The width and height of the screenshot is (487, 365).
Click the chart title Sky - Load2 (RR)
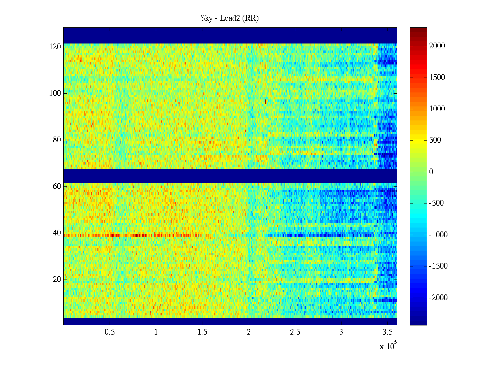point(229,18)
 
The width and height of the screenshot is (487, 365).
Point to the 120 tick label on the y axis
point(55,47)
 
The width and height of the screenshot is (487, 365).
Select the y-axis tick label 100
point(55,93)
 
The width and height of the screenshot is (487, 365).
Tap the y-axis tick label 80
point(57,140)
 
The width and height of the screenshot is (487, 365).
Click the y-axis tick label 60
point(57,186)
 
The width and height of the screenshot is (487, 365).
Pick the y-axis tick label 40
point(57,233)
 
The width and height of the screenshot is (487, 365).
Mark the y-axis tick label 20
point(57,280)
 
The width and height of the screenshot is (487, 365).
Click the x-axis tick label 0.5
point(110,332)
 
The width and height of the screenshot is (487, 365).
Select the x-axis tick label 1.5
point(202,332)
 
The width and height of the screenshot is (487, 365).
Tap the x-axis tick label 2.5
point(295,332)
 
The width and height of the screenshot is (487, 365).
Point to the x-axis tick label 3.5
point(387,332)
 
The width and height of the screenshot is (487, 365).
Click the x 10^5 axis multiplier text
point(388,346)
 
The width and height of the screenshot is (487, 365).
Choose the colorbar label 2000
point(437,46)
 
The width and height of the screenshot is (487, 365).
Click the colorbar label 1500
point(437,77)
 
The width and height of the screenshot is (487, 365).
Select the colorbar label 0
point(431,172)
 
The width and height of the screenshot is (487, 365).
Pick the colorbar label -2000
point(438,298)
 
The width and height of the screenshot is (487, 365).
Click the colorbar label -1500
point(438,266)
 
